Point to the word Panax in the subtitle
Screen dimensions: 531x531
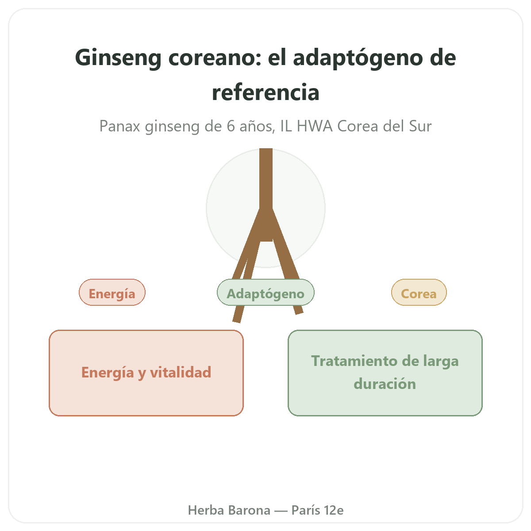click(119, 127)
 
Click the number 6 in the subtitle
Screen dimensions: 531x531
click(231, 127)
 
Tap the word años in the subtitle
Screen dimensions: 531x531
click(257, 127)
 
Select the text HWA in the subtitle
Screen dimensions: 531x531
click(315, 127)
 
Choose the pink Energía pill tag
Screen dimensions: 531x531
click(112, 292)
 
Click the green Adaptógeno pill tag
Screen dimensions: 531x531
click(265, 292)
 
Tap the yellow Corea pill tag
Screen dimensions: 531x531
click(419, 292)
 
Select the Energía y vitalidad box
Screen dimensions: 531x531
click(146, 373)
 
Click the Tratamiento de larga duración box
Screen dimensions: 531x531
click(385, 373)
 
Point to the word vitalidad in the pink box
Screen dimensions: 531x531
click(181, 373)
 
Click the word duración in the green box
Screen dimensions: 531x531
click(385, 384)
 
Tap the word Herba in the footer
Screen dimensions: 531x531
click(206, 510)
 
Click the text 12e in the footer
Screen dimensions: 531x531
click(334, 510)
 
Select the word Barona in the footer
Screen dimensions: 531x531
click(250, 510)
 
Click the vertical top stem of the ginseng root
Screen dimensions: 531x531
click(266, 179)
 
